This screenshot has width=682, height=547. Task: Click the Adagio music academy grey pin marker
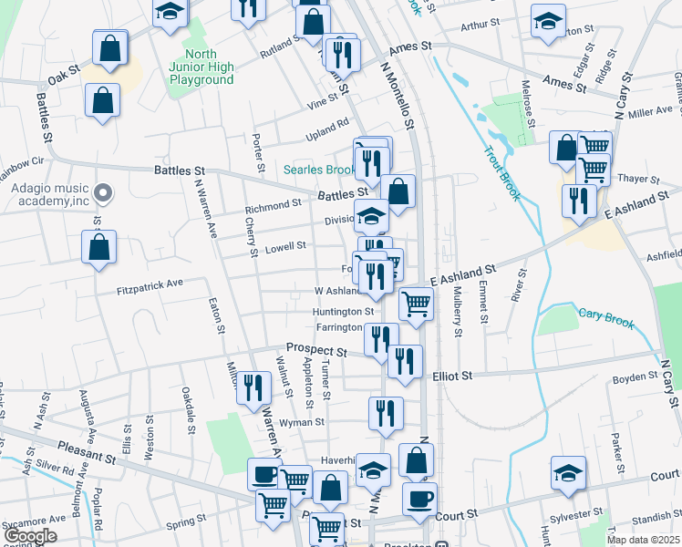[103, 193]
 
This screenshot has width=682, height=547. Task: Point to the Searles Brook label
[317, 170]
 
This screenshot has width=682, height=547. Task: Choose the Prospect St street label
[316, 350]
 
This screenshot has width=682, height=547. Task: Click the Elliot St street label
[452, 375]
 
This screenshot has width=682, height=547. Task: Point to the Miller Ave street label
[650, 111]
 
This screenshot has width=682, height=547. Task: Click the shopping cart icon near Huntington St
[415, 303]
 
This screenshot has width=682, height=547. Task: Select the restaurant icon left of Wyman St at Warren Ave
[253, 387]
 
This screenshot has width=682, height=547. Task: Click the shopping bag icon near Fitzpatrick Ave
[98, 246]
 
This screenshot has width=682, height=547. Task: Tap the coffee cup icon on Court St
[419, 499]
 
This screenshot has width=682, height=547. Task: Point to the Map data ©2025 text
[643, 540]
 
